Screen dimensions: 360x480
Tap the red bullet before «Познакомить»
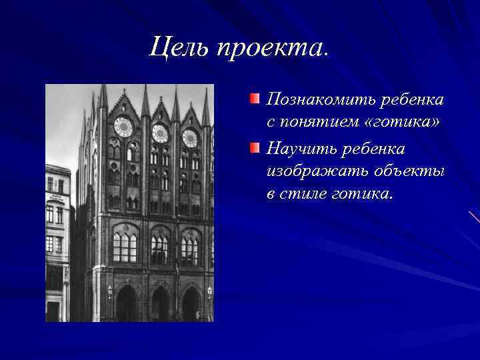pos(255,99)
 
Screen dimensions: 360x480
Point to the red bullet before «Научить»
pos(255,147)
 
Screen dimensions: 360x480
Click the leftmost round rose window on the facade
pos(123,127)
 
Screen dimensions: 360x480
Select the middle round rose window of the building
pos(160,133)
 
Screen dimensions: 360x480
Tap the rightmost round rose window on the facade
pos(191,138)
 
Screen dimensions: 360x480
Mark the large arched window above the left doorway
pos(125,243)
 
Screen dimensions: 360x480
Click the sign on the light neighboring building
pos(57,198)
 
